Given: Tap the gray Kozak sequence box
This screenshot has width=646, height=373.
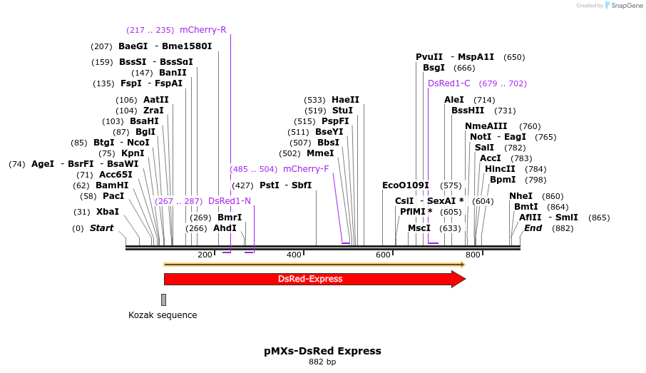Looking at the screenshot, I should pos(163,300).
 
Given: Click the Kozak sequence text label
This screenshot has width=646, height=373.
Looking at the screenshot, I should pos(163,315).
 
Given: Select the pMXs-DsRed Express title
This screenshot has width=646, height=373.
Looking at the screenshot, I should pos(322,351).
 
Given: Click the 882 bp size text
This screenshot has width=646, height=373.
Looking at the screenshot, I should pos(322,362).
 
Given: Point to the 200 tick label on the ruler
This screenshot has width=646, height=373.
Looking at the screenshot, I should pos(205,255).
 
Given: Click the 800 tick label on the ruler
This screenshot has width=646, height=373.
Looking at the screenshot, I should pos(473,255).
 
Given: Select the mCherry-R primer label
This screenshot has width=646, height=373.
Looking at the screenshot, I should pos(202,30).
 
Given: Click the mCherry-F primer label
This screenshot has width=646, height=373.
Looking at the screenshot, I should pos(306,169).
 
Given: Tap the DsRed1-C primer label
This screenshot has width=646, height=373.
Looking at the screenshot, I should pos(449,83).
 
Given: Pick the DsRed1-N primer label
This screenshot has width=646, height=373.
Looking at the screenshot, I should pos(230,201).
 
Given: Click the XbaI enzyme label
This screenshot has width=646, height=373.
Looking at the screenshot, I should pos(108,212).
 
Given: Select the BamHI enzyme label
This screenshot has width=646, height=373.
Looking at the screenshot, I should pos(112,185).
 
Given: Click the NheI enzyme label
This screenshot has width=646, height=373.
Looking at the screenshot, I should pos(521,196).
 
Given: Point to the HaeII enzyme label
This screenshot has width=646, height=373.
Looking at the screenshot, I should pos(346,100).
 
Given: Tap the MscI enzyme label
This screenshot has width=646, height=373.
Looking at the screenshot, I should pos(419,228).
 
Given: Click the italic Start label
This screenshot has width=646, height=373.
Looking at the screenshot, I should pos(101,228).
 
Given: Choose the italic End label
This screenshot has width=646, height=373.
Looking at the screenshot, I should pos(533,228).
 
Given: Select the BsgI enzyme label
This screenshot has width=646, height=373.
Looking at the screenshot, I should pos(434,68).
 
